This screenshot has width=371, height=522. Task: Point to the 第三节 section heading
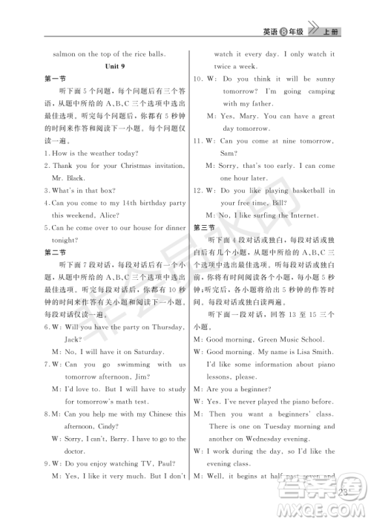(x=203, y=226)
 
